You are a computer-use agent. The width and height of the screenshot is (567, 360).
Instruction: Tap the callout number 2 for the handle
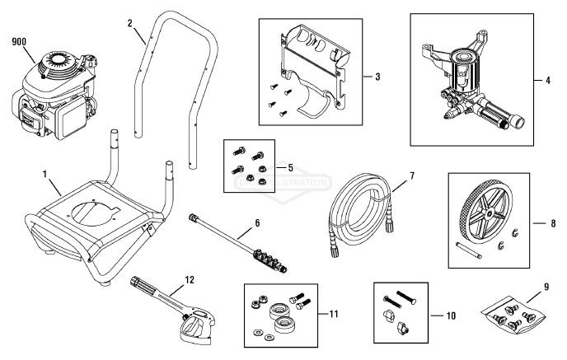(130, 23)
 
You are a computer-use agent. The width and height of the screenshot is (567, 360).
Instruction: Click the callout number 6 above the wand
(256, 223)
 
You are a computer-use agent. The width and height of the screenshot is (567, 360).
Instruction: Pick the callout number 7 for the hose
(412, 176)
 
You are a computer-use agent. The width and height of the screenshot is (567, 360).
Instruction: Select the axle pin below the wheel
(466, 244)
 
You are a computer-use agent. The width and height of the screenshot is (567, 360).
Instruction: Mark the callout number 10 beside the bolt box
(450, 314)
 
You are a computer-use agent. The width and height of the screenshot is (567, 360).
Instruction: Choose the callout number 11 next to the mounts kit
(334, 313)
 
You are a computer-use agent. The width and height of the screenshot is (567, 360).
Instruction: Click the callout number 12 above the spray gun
(190, 279)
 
